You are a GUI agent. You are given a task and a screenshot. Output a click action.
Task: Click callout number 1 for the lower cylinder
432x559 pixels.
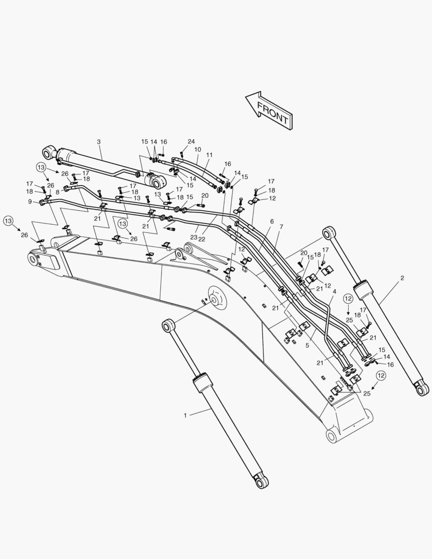[x=185, y=415]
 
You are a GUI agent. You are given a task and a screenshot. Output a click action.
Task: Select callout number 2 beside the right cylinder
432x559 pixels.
[x=402, y=278]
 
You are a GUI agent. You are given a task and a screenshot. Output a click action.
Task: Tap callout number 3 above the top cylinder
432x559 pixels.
[x=99, y=141]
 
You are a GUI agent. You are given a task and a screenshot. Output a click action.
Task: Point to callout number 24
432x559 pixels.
[x=191, y=141]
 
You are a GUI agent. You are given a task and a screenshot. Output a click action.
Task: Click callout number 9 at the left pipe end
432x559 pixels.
[x=30, y=201]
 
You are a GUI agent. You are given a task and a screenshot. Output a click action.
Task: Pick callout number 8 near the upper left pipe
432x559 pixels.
[x=57, y=192]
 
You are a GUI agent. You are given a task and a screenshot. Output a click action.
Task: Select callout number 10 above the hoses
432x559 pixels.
[x=198, y=150]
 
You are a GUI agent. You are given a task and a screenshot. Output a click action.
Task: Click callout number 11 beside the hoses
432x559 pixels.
[x=209, y=155]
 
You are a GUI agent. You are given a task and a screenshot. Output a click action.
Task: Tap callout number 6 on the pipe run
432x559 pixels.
[x=272, y=222]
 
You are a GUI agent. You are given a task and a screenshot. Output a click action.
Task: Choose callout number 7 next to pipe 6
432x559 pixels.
[x=281, y=227]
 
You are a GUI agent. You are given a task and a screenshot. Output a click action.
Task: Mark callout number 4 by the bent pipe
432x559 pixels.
[x=334, y=292]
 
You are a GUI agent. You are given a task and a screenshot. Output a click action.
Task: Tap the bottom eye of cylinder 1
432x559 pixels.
[x=262, y=482]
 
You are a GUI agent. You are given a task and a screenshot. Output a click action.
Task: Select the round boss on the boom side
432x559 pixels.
[x=214, y=299]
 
